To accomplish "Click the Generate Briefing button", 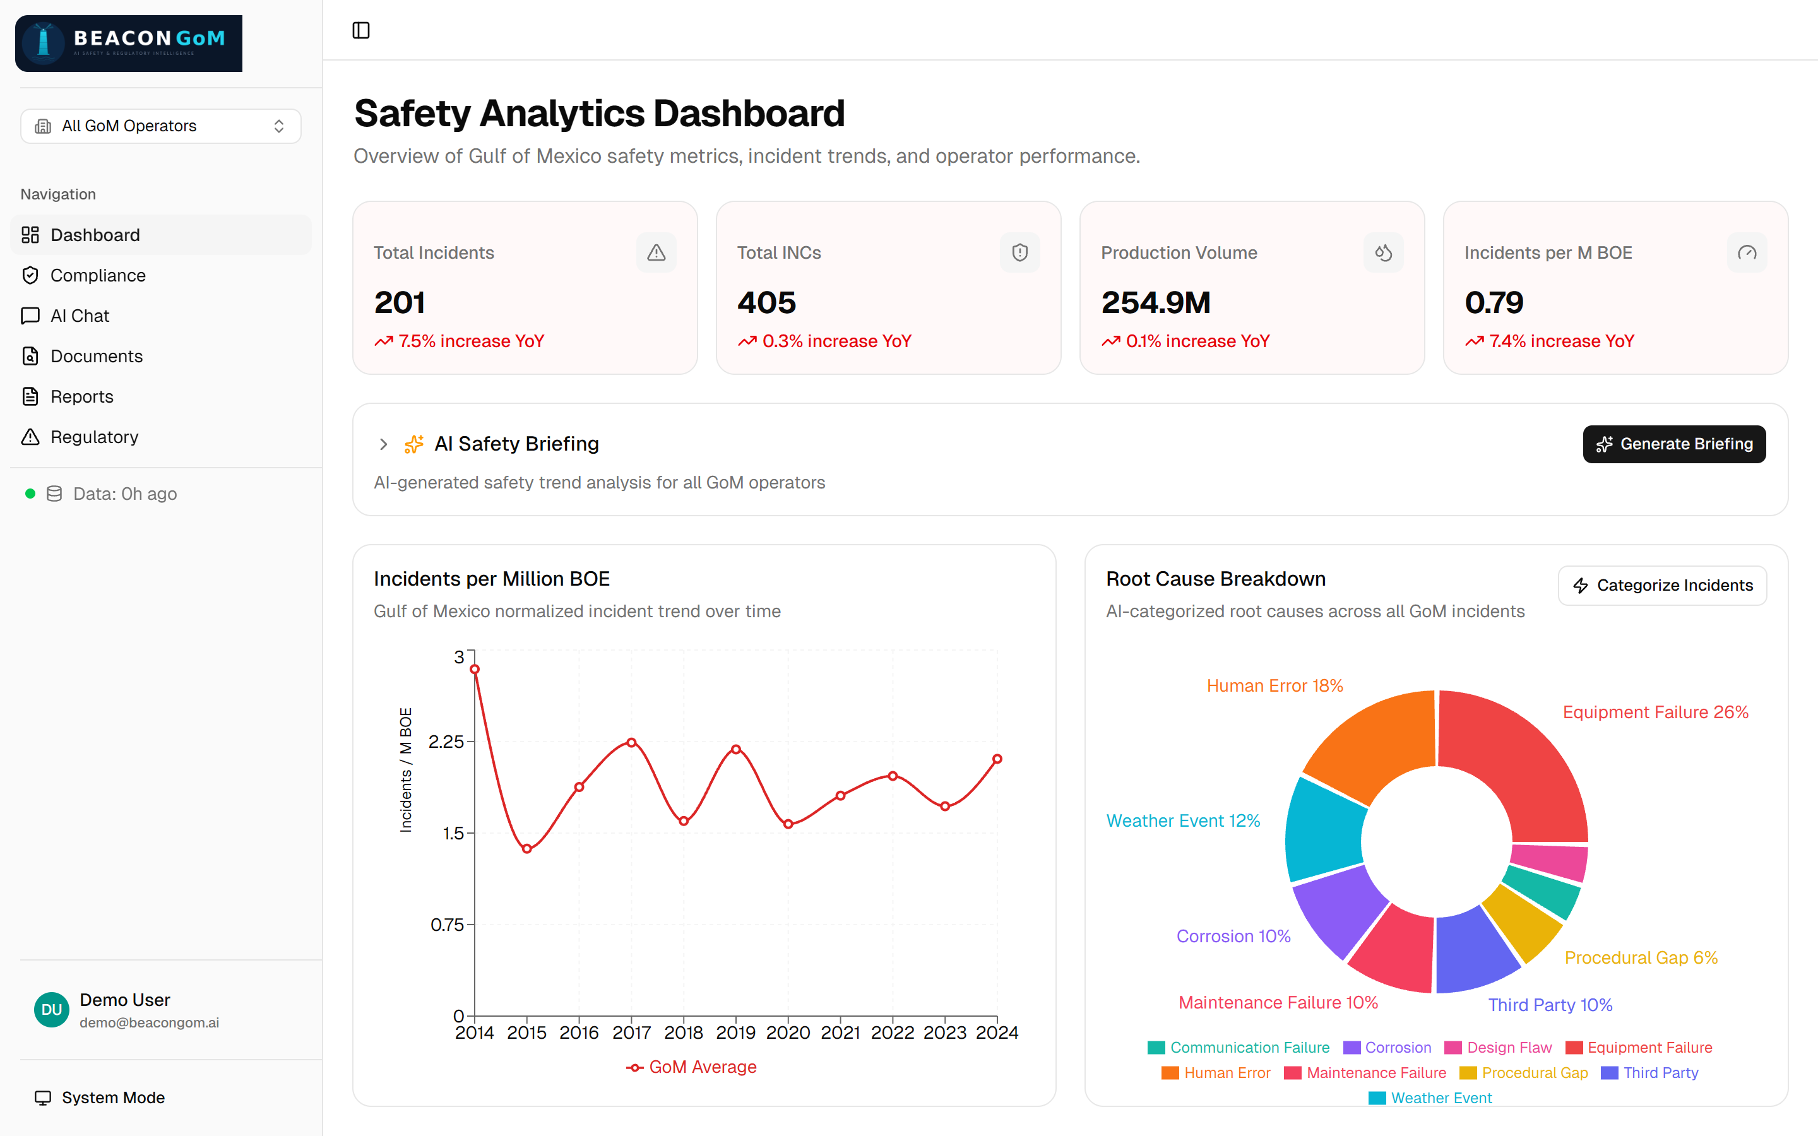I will tap(1674, 444).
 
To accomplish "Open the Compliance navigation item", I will tap(98, 276).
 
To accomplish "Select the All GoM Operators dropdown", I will tap(161, 126).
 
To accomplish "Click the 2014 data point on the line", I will tap(475, 670).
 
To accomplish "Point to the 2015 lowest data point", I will tap(527, 849).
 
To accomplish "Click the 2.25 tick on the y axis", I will tap(446, 742).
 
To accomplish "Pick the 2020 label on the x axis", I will tap(787, 1033).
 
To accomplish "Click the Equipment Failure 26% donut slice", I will tap(1525, 759).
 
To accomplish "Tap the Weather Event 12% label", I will tap(1183, 820).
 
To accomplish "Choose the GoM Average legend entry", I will tap(691, 1067).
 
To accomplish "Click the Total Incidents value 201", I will tap(400, 303).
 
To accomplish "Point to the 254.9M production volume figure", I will tap(1155, 303).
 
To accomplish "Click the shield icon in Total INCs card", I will tap(1019, 252).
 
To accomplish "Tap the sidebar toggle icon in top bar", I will tap(361, 30).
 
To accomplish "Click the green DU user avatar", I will tap(52, 1010).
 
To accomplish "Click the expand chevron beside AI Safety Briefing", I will tap(383, 444).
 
